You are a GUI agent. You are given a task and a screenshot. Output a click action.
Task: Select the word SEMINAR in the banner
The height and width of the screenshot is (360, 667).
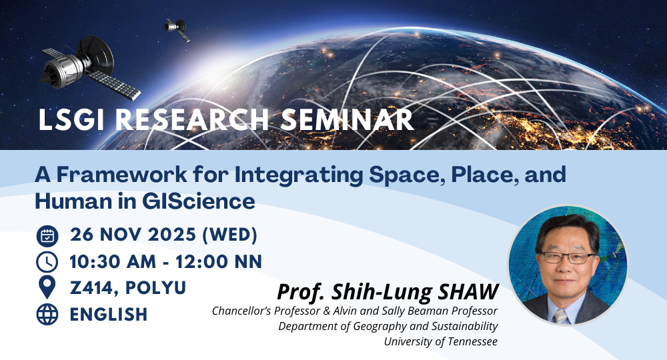[x=347, y=119]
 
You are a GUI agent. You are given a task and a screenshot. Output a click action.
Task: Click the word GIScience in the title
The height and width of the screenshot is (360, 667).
[x=199, y=201]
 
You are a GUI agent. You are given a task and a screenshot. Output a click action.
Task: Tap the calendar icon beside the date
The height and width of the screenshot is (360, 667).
[x=47, y=236]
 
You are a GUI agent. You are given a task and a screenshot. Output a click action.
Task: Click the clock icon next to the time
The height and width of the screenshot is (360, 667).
[x=47, y=262]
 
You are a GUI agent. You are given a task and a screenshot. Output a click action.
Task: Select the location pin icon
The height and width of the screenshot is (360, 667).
[x=47, y=287]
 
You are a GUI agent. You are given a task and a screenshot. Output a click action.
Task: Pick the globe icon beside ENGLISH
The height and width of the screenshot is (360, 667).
[x=47, y=315]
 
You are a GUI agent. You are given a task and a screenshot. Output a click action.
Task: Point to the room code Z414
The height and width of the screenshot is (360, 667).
[x=94, y=288]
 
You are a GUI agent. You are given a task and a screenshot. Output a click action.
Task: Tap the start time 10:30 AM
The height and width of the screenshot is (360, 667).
[x=113, y=262]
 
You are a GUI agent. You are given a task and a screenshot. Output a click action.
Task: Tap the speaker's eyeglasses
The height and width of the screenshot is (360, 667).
[x=568, y=257]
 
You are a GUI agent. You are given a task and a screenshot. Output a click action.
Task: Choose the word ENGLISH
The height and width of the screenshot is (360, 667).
[x=109, y=315]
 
